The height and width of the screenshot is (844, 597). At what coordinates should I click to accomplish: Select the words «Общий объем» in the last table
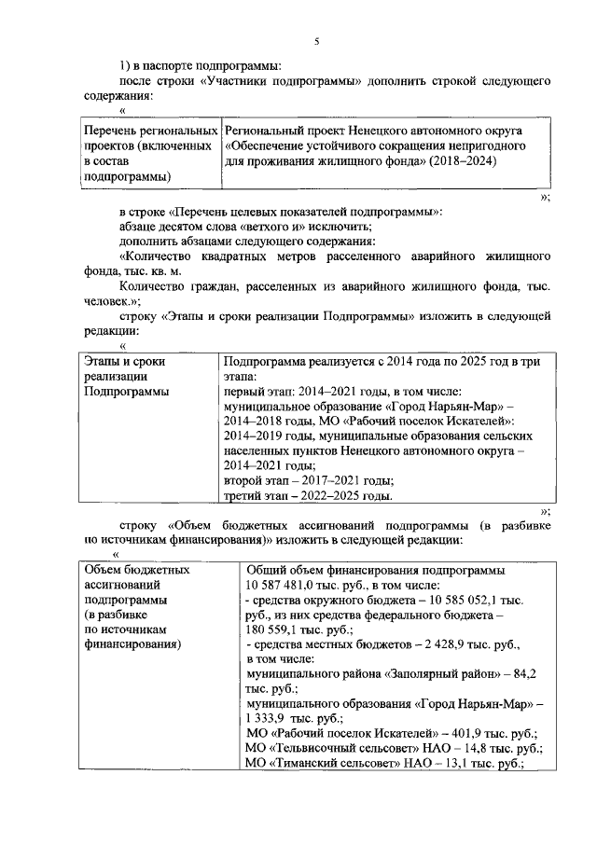(x=284, y=570)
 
